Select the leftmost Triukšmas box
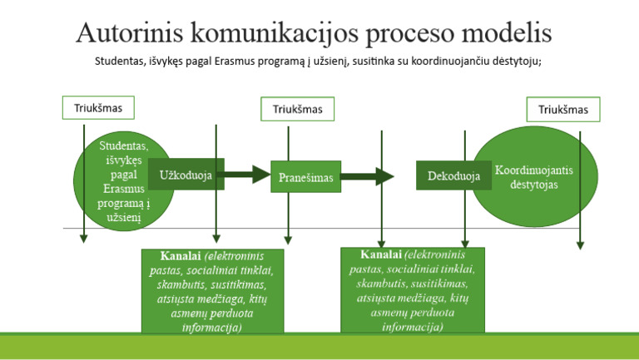pyautogui.click(x=97, y=107)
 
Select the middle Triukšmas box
pyautogui.click(x=297, y=109)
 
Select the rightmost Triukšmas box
pyautogui.click(x=562, y=110)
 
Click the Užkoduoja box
pyautogui.click(x=186, y=175)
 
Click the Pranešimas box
pyautogui.click(x=305, y=177)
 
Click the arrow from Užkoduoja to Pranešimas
pyautogui.click(x=247, y=175)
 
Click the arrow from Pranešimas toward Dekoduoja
pyautogui.click(x=367, y=176)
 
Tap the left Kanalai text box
pyautogui.click(x=213, y=291)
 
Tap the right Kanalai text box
pyautogui.click(x=413, y=290)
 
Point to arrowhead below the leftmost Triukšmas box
pyautogui.click(x=84, y=239)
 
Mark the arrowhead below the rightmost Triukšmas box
pyautogui.click(x=580, y=244)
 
